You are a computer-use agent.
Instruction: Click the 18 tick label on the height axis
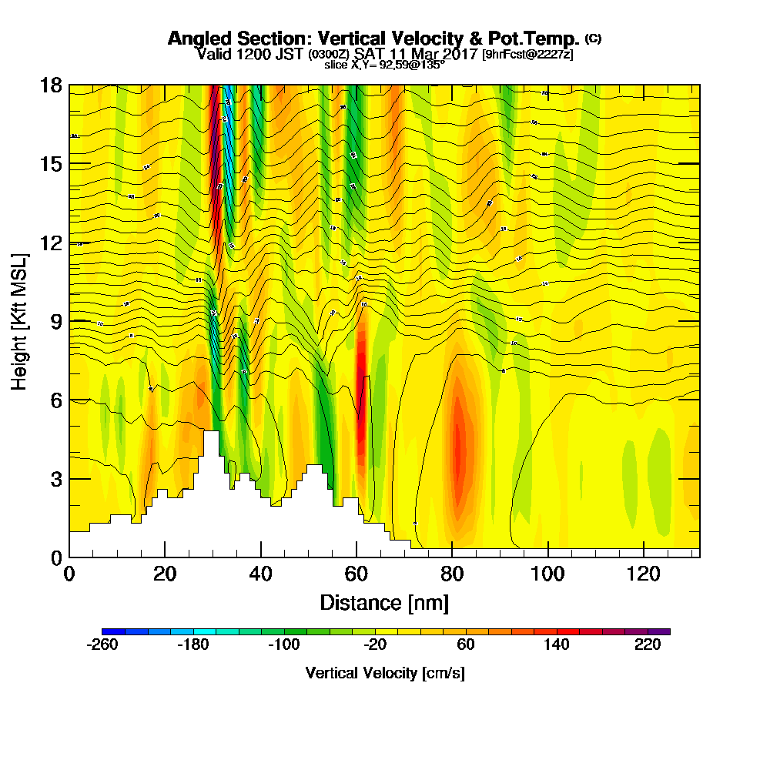(52, 85)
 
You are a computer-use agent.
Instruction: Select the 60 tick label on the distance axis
(356, 574)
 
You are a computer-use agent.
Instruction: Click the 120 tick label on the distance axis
(644, 574)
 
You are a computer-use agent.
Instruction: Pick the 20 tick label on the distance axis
(165, 574)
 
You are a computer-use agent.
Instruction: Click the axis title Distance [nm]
(384, 601)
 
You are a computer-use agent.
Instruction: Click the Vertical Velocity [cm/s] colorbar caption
(385, 673)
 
